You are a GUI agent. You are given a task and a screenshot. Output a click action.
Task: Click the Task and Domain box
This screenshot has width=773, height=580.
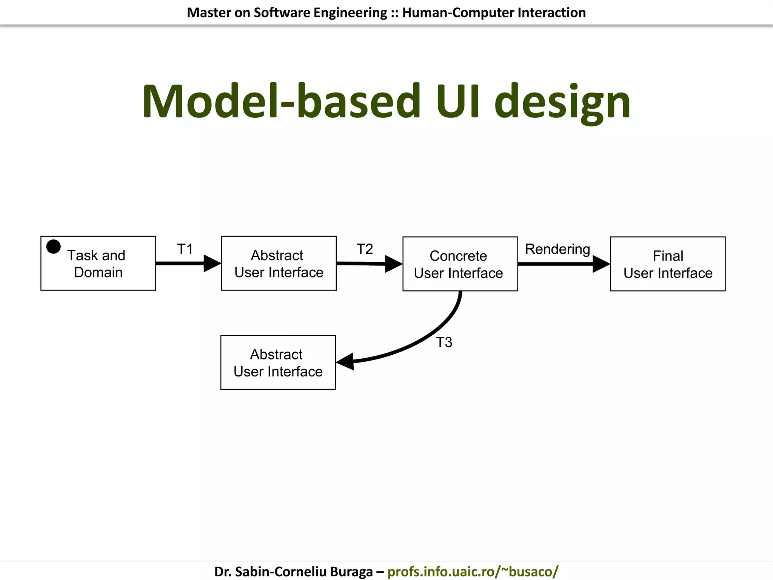click(x=98, y=264)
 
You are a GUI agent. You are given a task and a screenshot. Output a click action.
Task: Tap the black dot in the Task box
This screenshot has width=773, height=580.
click(x=54, y=247)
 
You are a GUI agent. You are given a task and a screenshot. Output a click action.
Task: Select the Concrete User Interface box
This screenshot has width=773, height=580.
click(x=460, y=264)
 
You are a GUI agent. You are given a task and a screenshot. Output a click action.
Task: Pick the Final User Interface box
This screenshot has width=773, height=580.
click(x=667, y=264)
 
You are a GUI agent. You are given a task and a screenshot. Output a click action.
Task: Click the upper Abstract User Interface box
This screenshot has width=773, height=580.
click(x=279, y=264)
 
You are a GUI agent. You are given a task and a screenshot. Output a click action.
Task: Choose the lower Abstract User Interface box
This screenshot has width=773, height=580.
click(x=278, y=362)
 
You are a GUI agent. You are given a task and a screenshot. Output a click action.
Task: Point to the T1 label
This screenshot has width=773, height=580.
click(x=185, y=249)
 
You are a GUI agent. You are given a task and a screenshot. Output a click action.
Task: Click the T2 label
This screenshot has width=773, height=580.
click(x=365, y=249)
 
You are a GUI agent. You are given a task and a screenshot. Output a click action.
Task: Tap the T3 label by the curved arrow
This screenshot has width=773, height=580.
click(x=444, y=342)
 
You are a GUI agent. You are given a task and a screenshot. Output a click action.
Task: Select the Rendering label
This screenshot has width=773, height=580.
click(x=557, y=249)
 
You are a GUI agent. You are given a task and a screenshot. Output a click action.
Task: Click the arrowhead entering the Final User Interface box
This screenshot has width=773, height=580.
click(x=601, y=264)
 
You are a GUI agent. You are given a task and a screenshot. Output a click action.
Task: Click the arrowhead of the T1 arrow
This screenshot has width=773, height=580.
click(x=212, y=263)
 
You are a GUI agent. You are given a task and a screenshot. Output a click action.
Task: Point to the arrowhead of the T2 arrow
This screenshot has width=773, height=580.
click(x=393, y=264)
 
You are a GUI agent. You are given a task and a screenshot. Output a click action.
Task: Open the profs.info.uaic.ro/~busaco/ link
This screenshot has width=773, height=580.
click(x=473, y=571)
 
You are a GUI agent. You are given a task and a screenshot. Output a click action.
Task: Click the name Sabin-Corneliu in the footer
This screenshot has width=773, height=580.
click(x=281, y=571)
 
